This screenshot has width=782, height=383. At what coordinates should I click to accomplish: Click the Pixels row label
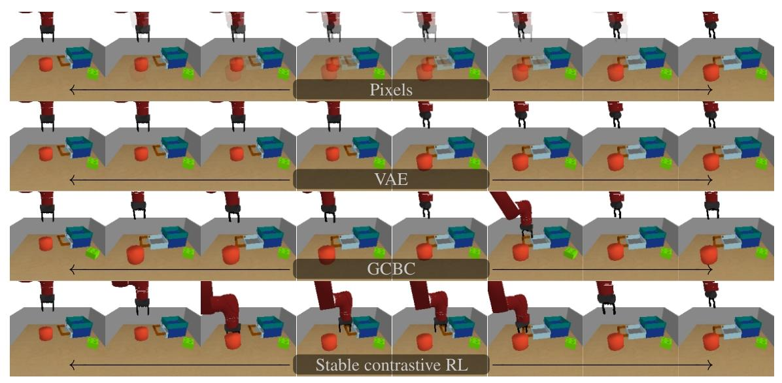click(x=391, y=90)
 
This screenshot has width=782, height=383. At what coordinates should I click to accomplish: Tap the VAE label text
click(x=391, y=180)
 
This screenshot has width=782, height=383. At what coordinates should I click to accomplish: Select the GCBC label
click(x=391, y=269)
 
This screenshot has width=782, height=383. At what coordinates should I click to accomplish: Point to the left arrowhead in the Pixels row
click(x=71, y=90)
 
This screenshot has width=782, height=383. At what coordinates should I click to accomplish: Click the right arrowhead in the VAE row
click(x=710, y=180)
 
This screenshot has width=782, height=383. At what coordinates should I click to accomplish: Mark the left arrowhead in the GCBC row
click(x=71, y=269)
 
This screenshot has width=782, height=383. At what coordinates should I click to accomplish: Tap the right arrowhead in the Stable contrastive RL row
click(x=710, y=365)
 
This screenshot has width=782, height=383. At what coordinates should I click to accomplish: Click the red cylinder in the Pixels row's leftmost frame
click(x=45, y=65)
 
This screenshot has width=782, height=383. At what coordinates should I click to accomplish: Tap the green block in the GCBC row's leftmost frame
click(x=93, y=251)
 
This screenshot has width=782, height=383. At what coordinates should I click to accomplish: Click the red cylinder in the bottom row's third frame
click(x=231, y=341)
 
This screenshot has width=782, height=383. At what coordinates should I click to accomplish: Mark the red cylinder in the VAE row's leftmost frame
click(x=45, y=155)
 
